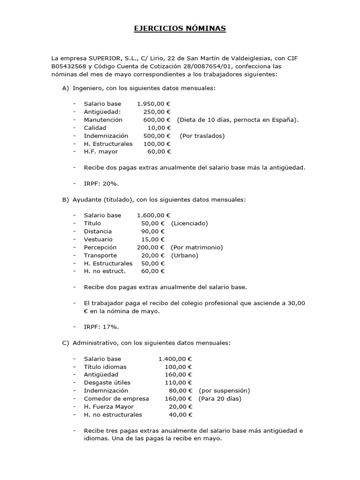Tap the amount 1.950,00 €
tap(154, 104)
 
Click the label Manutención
tap(103, 120)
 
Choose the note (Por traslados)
tap(202, 135)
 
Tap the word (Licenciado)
tap(189, 223)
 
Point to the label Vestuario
tap(98, 239)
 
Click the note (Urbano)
tap(185, 255)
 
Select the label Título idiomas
tap(105, 367)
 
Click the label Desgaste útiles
tap(107, 382)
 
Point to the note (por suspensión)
tap(224, 390)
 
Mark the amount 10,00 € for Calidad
tap(159, 127)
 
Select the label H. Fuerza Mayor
tap(109, 406)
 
